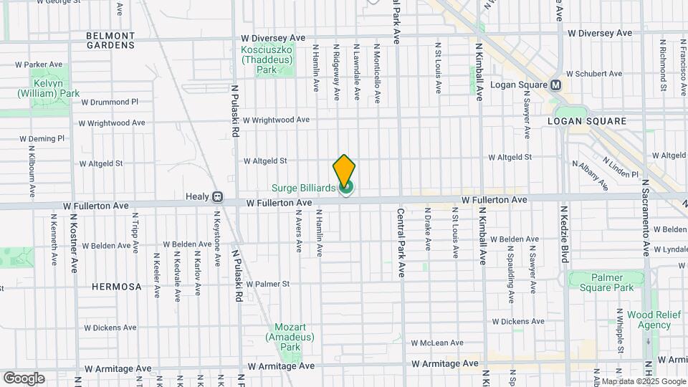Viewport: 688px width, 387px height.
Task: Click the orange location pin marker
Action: coord(344,171)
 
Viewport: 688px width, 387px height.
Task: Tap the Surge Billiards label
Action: coord(303,188)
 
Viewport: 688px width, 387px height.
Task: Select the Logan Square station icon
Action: coord(556,85)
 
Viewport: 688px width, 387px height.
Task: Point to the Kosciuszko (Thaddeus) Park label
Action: coord(267,60)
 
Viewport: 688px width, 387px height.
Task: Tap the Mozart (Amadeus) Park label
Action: coord(283,336)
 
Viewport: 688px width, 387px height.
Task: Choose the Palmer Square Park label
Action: coord(602,282)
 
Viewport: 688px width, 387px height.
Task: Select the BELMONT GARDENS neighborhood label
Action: coord(110,40)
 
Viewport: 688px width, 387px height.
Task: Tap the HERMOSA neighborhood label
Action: coord(117,287)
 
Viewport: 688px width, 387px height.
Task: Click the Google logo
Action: coord(24,378)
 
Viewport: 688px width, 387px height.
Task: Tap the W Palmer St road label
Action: coord(267,284)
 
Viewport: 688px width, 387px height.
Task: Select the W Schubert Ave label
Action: coord(594,74)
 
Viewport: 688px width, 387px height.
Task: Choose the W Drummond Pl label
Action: coord(110,102)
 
